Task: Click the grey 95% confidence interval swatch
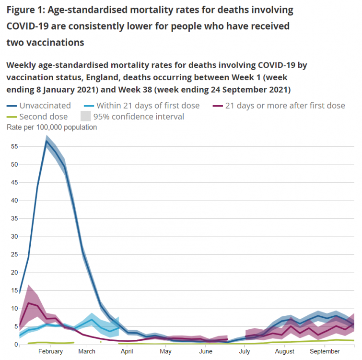86,117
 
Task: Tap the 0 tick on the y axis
15,345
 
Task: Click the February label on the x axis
50,352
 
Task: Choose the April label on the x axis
127,352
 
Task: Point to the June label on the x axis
206,352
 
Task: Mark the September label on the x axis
325,352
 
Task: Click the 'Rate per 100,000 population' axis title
51,128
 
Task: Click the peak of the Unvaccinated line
47,141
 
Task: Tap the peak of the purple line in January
29,303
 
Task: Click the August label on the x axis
284,352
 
